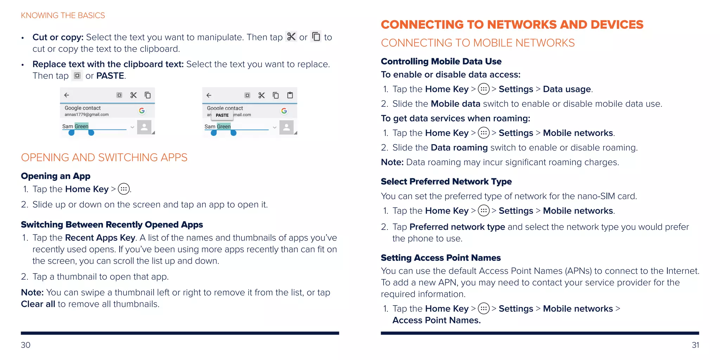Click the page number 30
click(26, 345)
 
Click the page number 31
click(695, 345)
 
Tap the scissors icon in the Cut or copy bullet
click(291, 37)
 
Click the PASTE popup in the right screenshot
click(222, 115)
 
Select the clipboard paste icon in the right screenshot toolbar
click(290, 95)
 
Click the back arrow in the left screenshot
click(66, 95)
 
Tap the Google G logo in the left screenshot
click(142, 110)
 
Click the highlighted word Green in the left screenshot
click(81, 126)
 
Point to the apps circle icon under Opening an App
click(124, 189)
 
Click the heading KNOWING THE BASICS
click(63, 15)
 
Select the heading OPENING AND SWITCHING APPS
click(104, 157)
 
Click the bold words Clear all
click(38, 304)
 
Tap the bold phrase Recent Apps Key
click(100, 238)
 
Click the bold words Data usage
click(567, 89)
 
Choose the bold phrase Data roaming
click(459, 148)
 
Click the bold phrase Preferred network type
click(457, 227)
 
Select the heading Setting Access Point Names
click(441, 258)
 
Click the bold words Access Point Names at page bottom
click(436, 320)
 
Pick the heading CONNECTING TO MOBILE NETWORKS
click(478, 43)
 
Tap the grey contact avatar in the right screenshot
click(287, 127)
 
